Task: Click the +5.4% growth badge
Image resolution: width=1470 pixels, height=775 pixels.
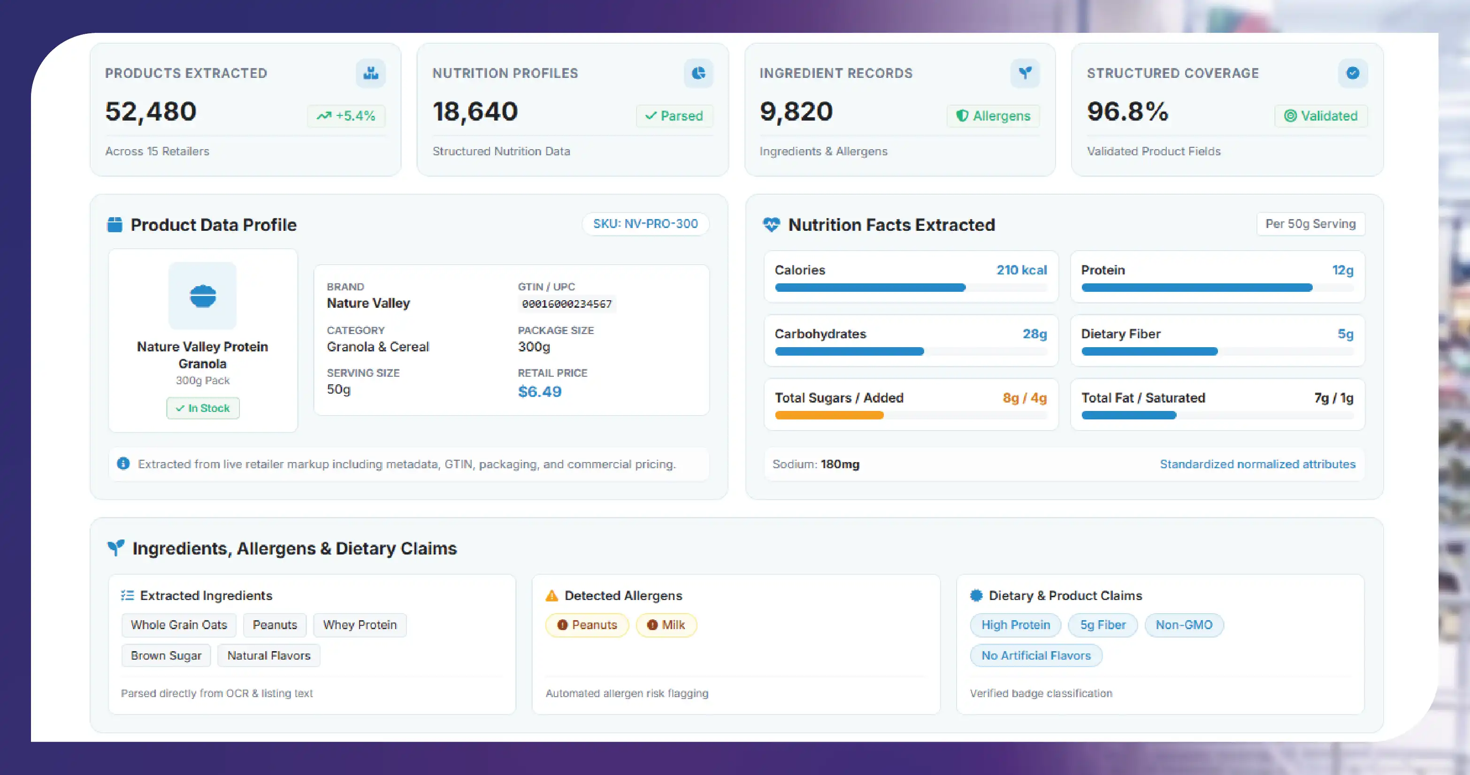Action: (346, 116)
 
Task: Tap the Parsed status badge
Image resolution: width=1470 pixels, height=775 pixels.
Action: (674, 116)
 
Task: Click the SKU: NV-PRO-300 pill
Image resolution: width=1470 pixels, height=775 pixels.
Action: (645, 224)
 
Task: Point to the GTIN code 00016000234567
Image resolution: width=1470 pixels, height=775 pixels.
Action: (567, 304)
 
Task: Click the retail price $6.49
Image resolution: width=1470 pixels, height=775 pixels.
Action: (539, 391)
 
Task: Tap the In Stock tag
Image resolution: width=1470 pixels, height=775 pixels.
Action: (203, 408)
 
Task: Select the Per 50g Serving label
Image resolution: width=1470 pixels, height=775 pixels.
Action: (1310, 224)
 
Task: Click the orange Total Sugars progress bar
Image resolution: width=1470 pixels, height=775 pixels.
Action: (829, 415)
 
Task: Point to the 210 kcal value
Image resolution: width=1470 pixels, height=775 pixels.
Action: (1021, 270)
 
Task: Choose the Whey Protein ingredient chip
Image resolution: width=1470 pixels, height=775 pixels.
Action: (360, 624)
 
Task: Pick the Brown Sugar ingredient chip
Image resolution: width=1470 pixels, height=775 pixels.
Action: (166, 655)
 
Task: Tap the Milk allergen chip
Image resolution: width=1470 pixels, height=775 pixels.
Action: (666, 624)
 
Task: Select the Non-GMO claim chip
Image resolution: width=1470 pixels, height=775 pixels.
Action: (1184, 624)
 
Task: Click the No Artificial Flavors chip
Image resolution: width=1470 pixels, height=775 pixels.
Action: (1036, 655)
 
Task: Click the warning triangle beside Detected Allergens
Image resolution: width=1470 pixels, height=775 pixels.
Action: (551, 595)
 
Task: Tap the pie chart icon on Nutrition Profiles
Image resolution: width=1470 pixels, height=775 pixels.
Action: (698, 73)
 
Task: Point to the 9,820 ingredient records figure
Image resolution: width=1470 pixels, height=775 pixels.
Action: (796, 111)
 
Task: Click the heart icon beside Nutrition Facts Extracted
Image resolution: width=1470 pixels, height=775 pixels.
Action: (771, 225)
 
